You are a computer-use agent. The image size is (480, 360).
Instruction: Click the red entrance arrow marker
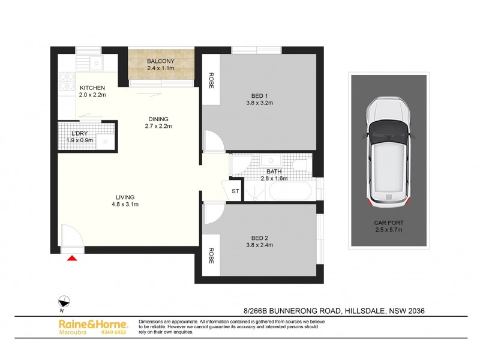(x=73, y=259)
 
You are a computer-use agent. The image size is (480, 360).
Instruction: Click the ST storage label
(x=235, y=191)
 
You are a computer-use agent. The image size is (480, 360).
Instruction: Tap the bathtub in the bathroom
(x=290, y=193)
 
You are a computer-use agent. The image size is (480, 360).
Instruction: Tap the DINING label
(x=159, y=119)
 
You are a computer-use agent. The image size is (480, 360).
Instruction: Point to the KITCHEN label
(x=92, y=88)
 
